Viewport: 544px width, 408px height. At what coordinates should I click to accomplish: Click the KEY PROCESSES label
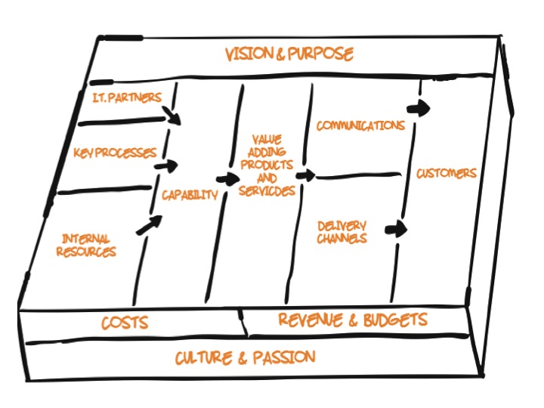click(115, 153)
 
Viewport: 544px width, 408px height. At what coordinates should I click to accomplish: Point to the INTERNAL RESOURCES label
click(87, 246)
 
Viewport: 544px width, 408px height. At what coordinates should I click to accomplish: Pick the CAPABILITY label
click(190, 194)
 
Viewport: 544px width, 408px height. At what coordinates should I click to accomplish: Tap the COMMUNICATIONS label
click(360, 125)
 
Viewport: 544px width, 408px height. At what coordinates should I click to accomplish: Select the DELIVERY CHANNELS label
click(342, 232)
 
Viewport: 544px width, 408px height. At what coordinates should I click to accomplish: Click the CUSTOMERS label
click(447, 174)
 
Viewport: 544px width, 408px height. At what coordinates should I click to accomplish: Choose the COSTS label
click(125, 323)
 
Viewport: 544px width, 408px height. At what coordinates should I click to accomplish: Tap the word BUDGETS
click(393, 320)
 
